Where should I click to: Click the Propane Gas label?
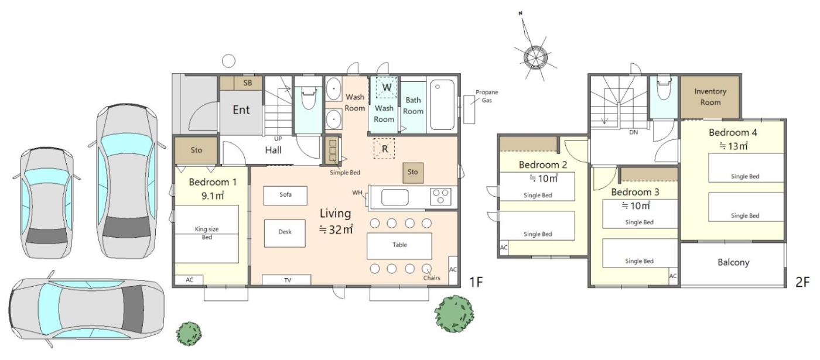487,96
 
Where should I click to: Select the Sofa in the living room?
285,196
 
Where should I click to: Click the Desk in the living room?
285,233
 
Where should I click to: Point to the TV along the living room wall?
286,280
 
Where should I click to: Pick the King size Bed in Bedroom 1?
207,234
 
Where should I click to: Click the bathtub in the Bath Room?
442,105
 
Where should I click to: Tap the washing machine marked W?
387,87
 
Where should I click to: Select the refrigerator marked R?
384,149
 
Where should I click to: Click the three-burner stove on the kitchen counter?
440,197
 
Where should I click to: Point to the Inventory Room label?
710,97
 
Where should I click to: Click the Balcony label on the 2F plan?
733,262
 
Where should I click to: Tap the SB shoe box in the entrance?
248,83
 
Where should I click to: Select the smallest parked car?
47,203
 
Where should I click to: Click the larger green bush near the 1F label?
454,314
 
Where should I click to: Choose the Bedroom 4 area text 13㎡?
733,146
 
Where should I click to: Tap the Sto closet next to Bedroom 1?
196,150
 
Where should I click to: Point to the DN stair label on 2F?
633,132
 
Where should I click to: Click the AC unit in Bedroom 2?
504,248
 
